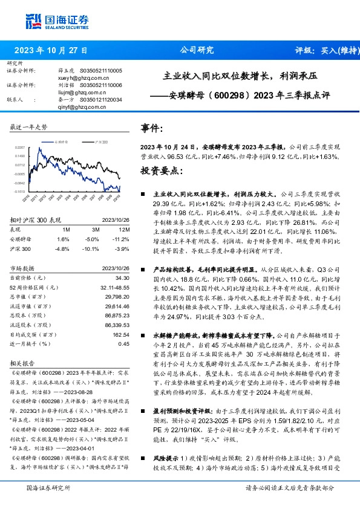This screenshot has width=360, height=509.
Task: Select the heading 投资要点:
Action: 161,172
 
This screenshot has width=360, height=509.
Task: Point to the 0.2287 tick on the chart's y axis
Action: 20,147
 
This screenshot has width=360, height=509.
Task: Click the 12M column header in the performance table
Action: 125,230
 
